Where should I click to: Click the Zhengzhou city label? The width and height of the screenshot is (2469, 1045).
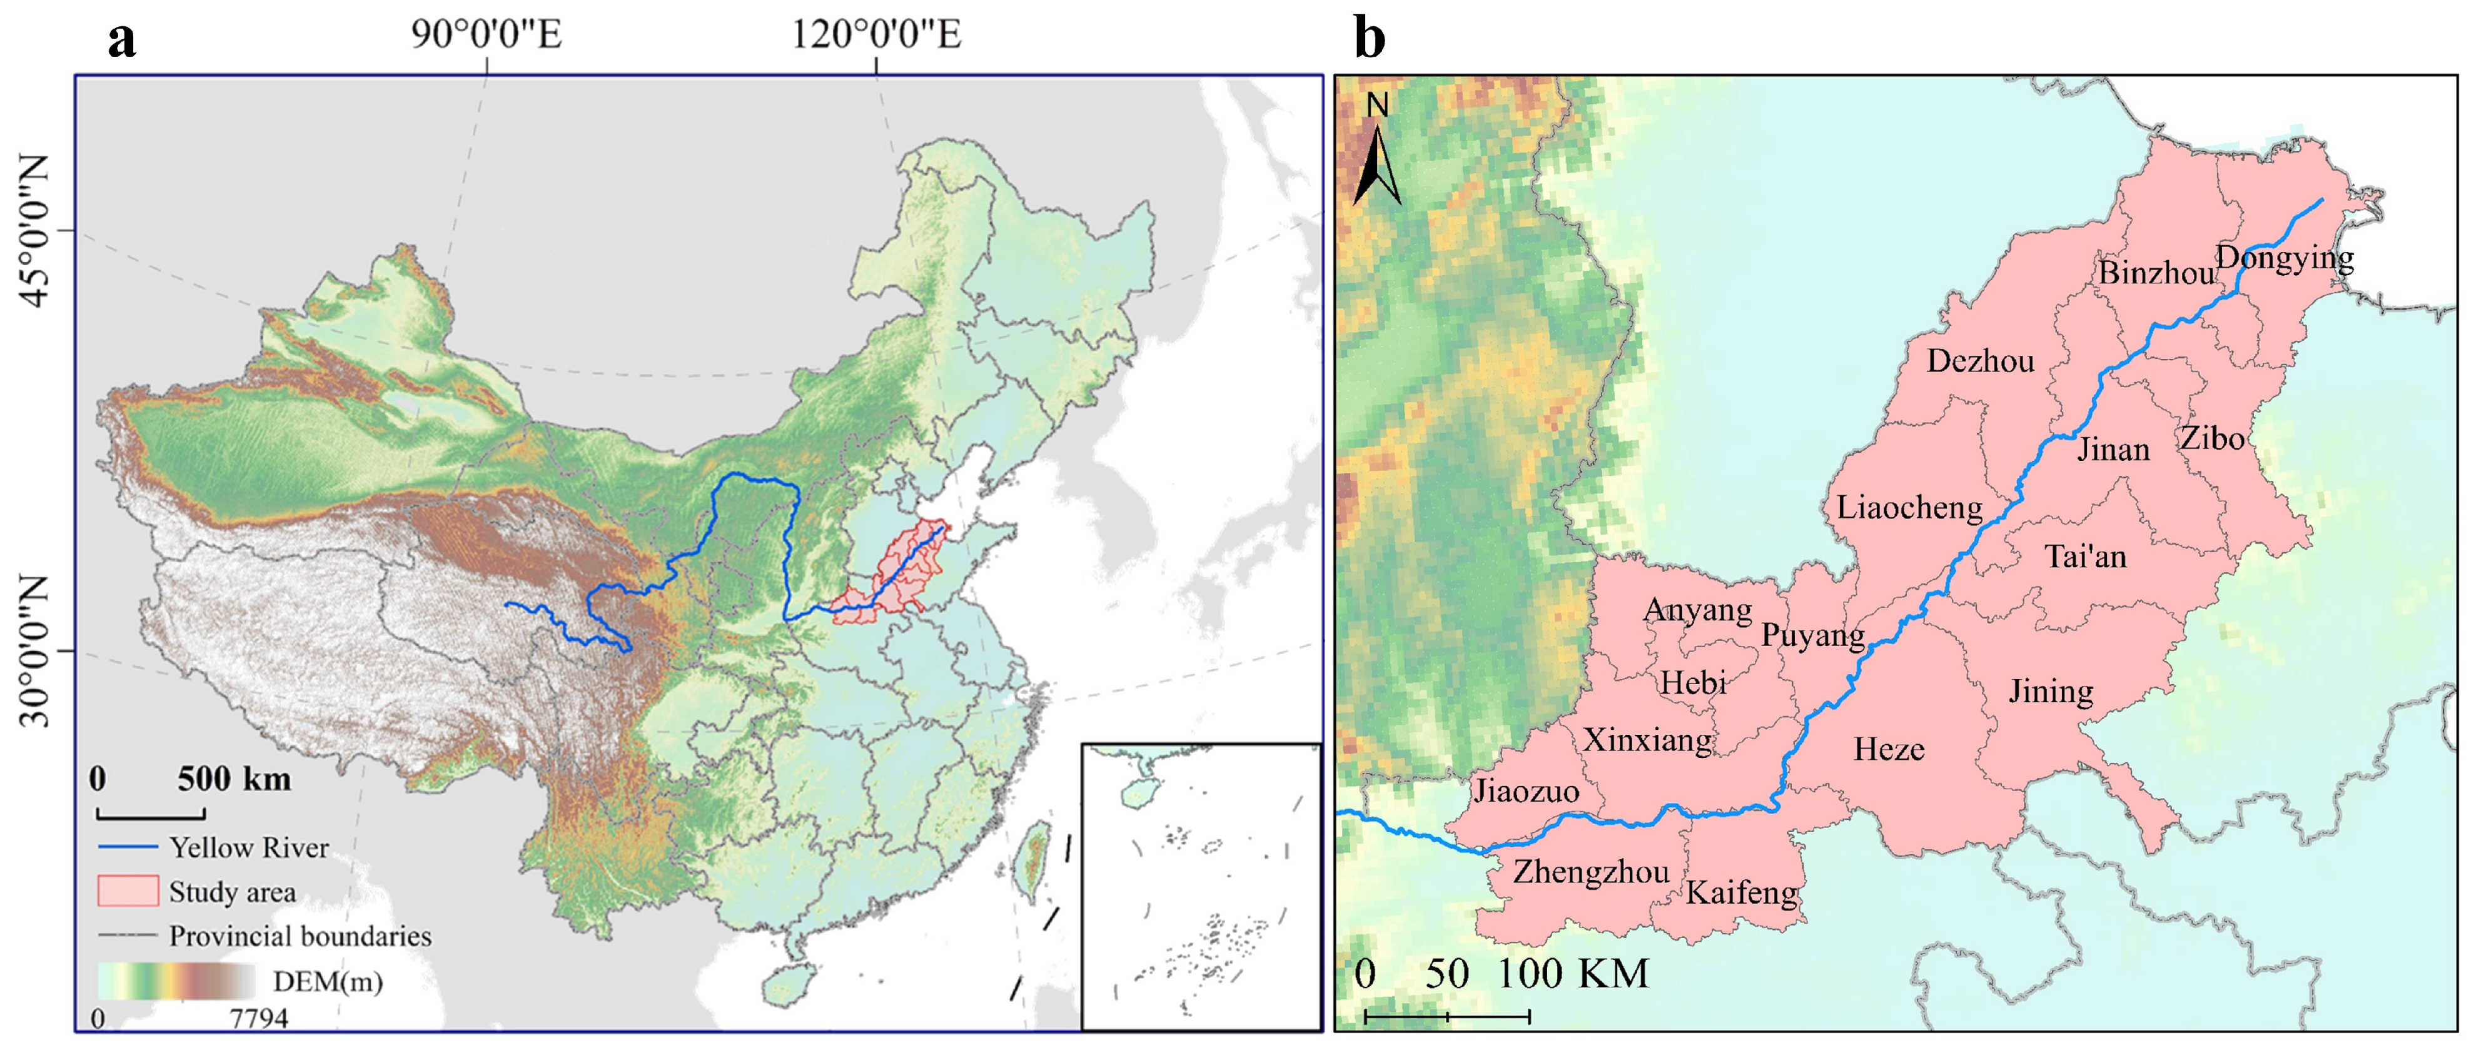coord(1591,872)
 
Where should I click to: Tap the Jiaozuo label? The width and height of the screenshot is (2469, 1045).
coord(1526,791)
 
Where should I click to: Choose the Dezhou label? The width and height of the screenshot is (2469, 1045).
coord(1980,361)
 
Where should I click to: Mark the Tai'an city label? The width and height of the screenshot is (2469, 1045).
coord(2086,557)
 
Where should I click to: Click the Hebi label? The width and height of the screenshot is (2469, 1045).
coord(1694,683)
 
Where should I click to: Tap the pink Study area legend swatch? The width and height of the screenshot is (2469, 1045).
coord(128,891)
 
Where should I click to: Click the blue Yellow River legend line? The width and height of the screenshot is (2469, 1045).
coord(128,847)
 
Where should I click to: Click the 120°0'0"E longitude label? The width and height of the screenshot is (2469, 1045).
coord(875,34)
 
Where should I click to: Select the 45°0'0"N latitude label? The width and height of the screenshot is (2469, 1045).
coord(34,231)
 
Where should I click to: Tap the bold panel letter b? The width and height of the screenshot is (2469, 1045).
coord(1370,38)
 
